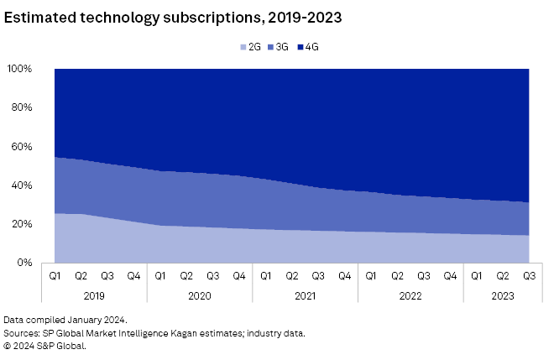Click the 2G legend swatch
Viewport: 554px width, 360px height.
(243, 47)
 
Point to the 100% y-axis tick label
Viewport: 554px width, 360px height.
(18, 69)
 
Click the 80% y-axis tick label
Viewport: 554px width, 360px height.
(21, 107)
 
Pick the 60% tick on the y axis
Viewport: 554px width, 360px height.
(21, 147)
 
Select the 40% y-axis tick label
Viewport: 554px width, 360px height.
(21, 185)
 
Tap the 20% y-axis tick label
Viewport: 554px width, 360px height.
(21, 224)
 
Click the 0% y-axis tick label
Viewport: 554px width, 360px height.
(24, 263)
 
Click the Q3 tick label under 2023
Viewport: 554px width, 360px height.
(529, 274)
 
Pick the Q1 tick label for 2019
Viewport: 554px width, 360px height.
(55, 274)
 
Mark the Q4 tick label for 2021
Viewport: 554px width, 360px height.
(344, 274)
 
